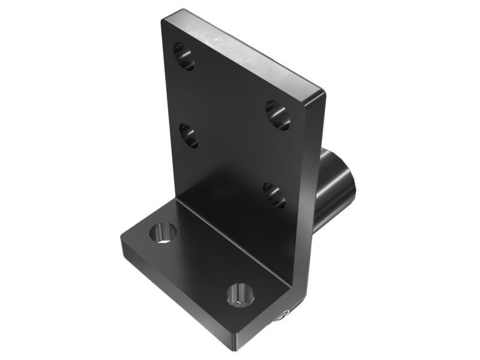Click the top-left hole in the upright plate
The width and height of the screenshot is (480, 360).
pyautogui.click(x=184, y=56)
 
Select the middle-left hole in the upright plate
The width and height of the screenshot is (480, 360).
pyautogui.click(x=189, y=135)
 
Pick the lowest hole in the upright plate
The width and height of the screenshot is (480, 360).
pyautogui.click(x=274, y=195)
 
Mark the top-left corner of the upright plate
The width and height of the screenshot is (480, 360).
pyautogui.click(x=163, y=20)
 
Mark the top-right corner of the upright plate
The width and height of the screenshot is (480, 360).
pyautogui.click(x=323, y=91)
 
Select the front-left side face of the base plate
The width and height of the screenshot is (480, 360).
pyautogui.click(x=174, y=300)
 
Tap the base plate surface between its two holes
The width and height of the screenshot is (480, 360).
pyautogui.click(x=201, y=264)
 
